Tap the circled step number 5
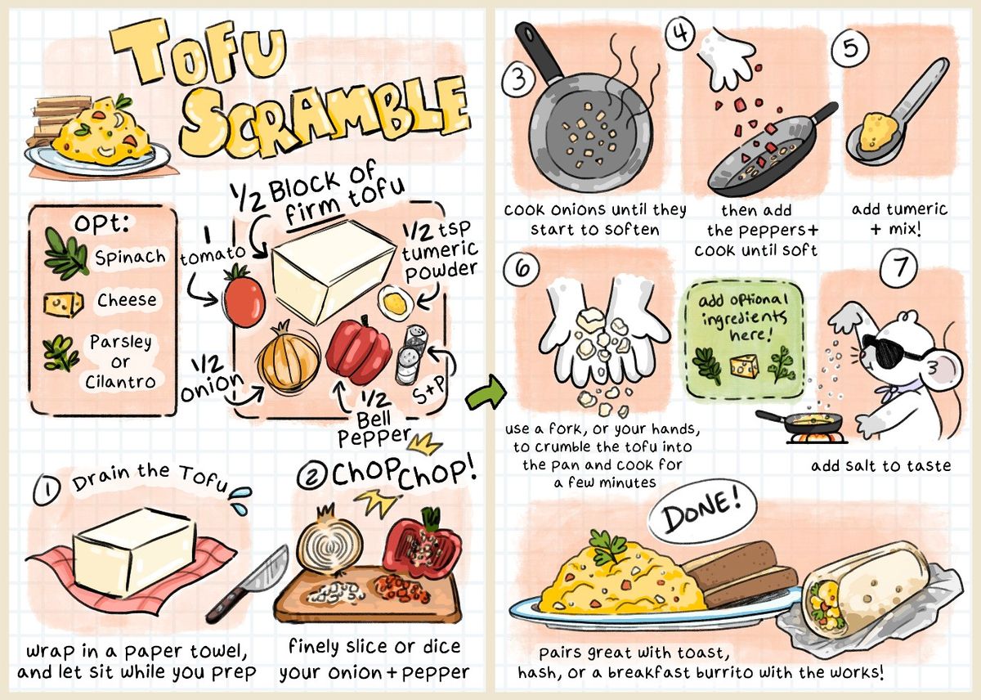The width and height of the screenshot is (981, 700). [850, 49]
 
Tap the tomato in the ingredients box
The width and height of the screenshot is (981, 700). [244, 297]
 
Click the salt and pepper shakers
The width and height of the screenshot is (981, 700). [412, 354]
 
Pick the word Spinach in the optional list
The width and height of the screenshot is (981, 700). [130, 257]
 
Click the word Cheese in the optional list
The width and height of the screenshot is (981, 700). [127, 300]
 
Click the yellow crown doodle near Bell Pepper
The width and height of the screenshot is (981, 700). [424, 444]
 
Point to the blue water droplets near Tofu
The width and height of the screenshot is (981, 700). [241, 500]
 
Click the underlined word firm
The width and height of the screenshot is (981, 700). [314, 210]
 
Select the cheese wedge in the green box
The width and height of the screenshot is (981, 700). [744, 365]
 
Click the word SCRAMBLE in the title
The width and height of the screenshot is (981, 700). [324, 118]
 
